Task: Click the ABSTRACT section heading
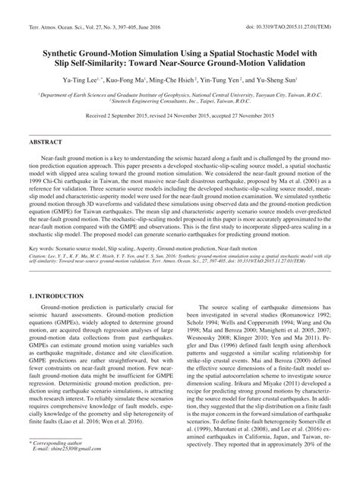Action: (45, 142)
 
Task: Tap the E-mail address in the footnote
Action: (68, 468)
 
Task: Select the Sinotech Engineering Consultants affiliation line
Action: (180, 99)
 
